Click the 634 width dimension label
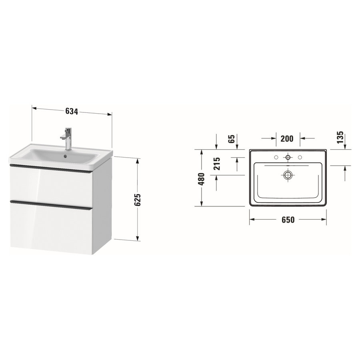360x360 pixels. click(x=72, y=111)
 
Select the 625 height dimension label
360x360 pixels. click(x=138, y=199)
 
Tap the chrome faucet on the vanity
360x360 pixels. click(x=67, y=138)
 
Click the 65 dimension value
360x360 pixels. click(x=231, y=139)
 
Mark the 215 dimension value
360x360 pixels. click(x=216, y=164)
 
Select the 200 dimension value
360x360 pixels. click(x=287, y=139)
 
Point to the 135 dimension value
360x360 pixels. click(x=340, y=137)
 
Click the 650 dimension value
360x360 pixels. click(x=288, y=220)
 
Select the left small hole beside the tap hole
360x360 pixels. click(x=276, y=157)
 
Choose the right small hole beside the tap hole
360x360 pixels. click(x=300, y=157)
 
